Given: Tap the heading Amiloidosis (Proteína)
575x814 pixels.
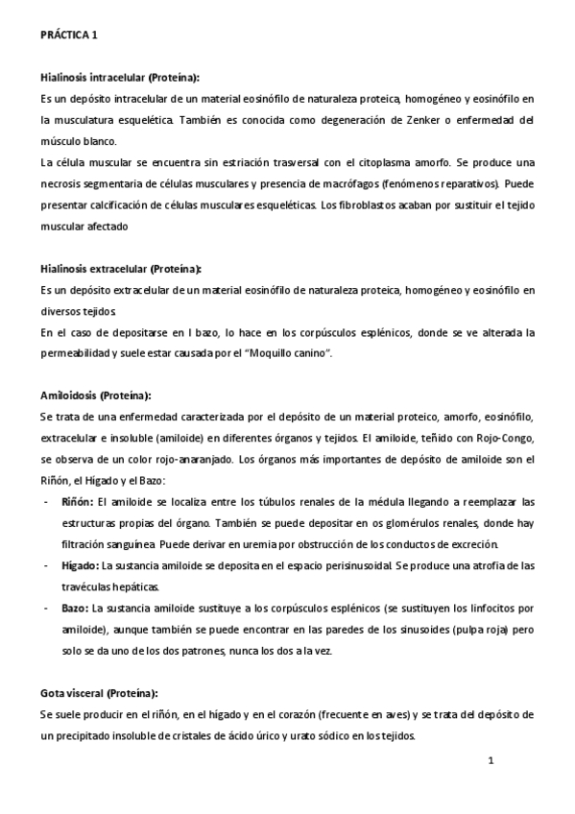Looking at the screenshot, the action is [x=95, y=395].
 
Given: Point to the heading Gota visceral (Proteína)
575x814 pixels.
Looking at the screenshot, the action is [x=99, y=692].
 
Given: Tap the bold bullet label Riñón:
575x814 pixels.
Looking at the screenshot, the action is [x=77, y=501].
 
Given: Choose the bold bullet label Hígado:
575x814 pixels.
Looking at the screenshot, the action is [x=80, y=565].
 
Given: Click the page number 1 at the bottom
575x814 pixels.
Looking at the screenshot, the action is [x=490, y=762].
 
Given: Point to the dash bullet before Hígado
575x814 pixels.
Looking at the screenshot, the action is [x=47, y=565].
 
